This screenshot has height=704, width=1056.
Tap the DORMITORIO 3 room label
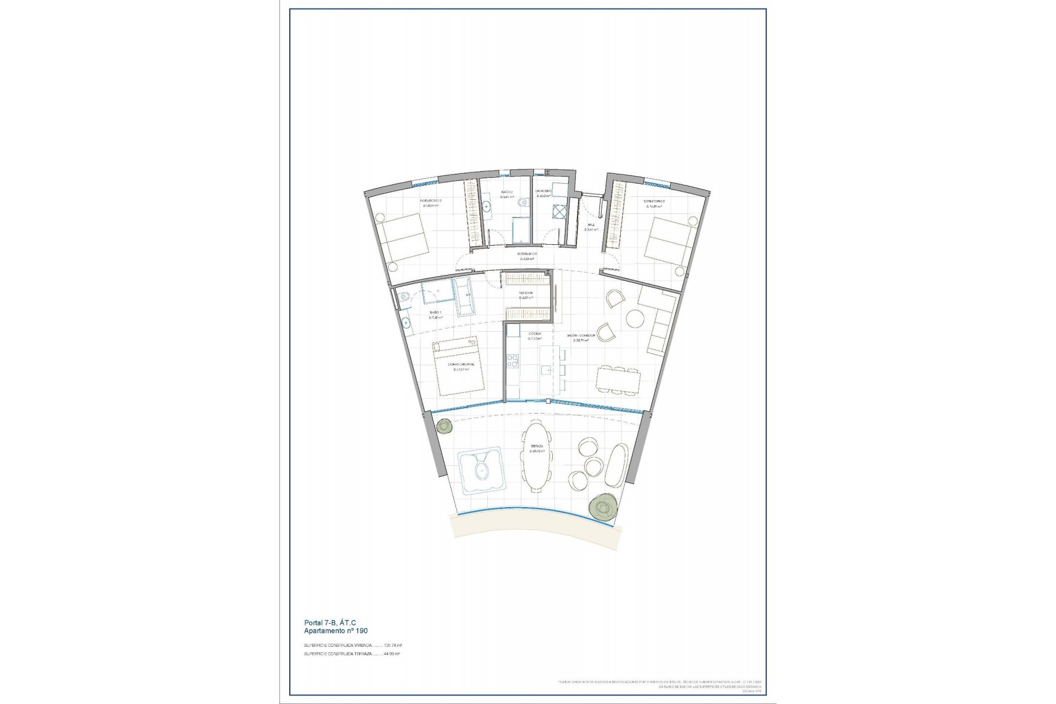[654, 201]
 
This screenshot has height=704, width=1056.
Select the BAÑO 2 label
[507, 193]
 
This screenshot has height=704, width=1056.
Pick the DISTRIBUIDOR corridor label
[527, 254]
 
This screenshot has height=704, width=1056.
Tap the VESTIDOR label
[526, 293]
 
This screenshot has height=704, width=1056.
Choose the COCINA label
[535, 334]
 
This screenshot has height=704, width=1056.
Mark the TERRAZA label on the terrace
[537, 446]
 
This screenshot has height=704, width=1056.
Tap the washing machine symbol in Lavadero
[559, 212]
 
